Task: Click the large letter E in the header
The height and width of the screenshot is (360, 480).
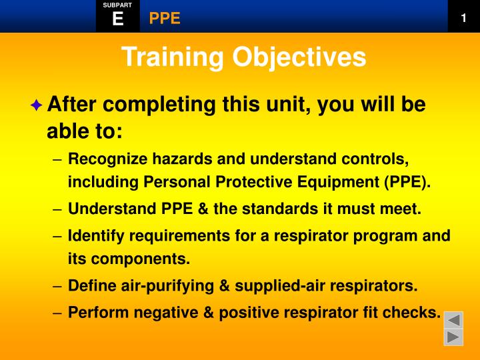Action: coord(118,19)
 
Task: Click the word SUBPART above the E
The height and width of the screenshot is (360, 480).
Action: coord(117,5)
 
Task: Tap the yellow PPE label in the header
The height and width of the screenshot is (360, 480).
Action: coord(165,18)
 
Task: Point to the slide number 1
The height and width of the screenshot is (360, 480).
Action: coord(463,18)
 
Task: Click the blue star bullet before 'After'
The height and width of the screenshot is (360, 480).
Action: coord(36,105)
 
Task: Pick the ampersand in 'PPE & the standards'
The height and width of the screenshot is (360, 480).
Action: coord(202,209)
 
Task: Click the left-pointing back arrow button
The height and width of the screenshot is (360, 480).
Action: coord(454,320)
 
